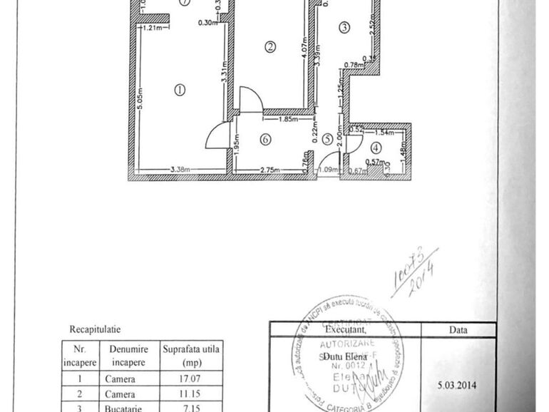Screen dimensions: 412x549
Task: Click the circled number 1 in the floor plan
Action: point(179,90)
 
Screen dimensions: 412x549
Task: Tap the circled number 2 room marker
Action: point(270,48)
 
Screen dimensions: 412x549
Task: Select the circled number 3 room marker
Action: point(344,28)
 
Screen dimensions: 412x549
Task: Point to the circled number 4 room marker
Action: point(376,148)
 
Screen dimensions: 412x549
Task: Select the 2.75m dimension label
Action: point(268,170)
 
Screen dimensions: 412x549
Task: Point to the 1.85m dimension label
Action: point(287,120)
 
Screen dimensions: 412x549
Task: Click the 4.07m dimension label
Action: point(304,52)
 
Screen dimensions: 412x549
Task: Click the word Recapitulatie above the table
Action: point(95,329)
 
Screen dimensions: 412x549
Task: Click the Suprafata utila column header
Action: point(192,350)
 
